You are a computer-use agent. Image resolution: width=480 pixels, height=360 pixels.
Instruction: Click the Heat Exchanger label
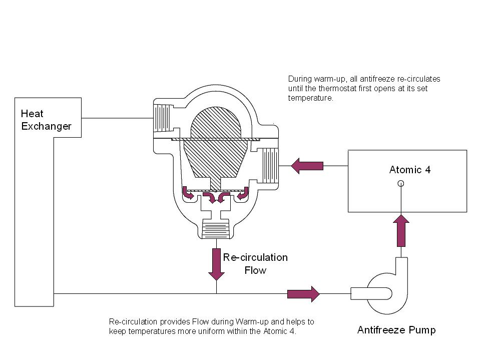[46, 120]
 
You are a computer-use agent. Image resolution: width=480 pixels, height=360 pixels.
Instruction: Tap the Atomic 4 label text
[410, 169]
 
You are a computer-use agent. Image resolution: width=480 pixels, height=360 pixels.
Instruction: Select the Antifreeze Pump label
[396, 330]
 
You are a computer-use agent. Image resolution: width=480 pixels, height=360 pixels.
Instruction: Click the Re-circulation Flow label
[255, 264]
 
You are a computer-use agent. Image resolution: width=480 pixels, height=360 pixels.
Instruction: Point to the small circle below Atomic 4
[400, 183]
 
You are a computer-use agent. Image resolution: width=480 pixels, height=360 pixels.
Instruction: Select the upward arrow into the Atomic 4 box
[400, 230]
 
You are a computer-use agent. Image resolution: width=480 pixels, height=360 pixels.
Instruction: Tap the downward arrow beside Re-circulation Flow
[216, 264]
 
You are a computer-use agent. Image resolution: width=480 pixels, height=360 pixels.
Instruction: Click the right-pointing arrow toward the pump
[303, 293]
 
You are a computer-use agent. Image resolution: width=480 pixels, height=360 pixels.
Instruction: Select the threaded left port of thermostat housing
[162, 118]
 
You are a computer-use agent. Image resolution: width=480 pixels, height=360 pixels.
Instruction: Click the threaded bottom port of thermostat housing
[216, 230]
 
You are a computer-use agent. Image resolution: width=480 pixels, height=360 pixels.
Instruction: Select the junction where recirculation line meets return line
[216, 293]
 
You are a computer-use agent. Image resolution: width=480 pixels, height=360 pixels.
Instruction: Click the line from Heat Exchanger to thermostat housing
[117, 118]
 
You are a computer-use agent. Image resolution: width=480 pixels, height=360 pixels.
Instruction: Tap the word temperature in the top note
[310, 99]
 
